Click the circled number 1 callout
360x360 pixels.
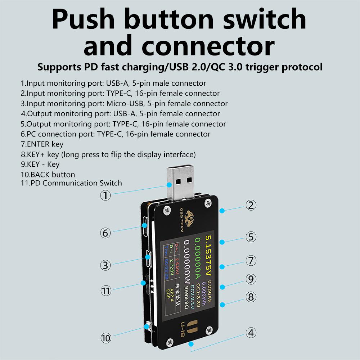(105, 195)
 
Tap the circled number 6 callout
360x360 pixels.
(105, 233)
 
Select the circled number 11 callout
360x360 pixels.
(106, 291)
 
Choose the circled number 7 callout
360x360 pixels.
(251, 260)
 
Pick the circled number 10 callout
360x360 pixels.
(106, 338)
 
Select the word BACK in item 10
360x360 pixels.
(41, 175)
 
